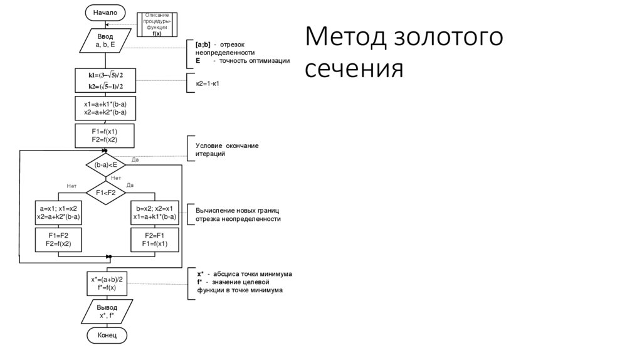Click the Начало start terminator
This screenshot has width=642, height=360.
coord(105,13)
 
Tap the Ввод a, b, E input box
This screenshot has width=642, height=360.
coord(105,41)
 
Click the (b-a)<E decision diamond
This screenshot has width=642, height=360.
coord(105,164)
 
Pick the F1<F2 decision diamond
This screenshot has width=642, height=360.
coord(105,193)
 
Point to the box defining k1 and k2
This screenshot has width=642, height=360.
coord(105,80)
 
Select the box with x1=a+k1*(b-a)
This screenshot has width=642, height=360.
coord(105,107)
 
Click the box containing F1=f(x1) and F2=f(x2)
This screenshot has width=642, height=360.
coord(105,135)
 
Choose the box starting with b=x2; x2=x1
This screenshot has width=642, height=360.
coord(154,213)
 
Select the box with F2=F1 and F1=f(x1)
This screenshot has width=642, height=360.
coord(154,239)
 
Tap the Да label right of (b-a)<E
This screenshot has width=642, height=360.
coord(135,160)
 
